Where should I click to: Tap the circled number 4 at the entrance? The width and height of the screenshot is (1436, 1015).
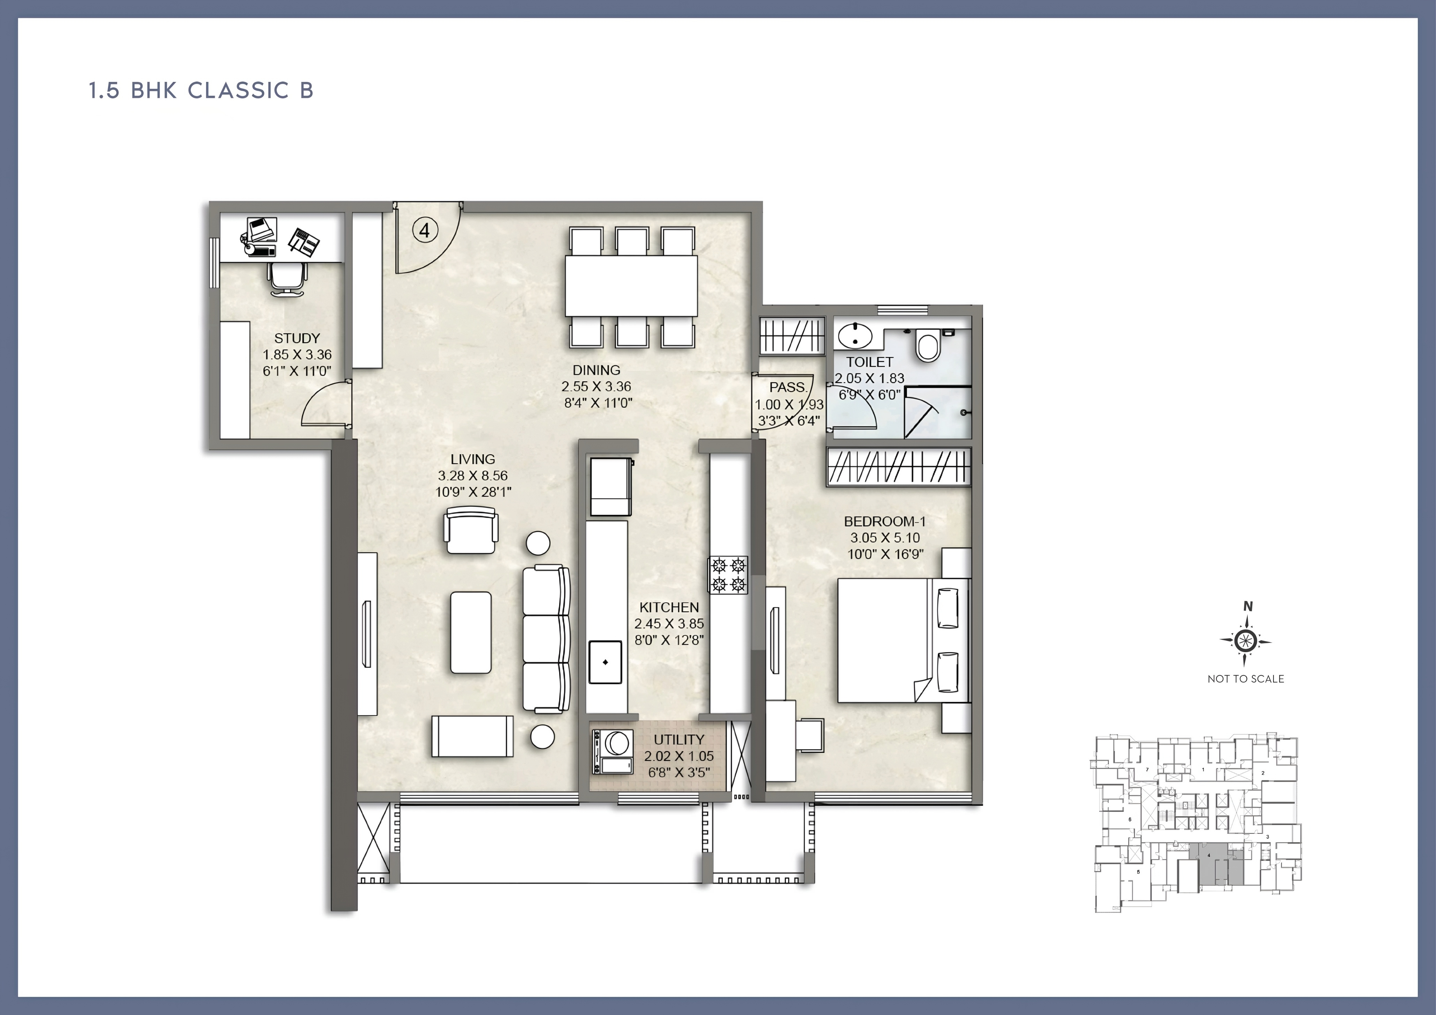[425, 231]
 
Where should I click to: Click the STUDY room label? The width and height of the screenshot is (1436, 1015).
[297, 338]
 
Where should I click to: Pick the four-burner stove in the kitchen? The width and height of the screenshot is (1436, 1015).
[728, 575]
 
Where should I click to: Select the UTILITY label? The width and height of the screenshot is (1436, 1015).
[678, 739]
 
